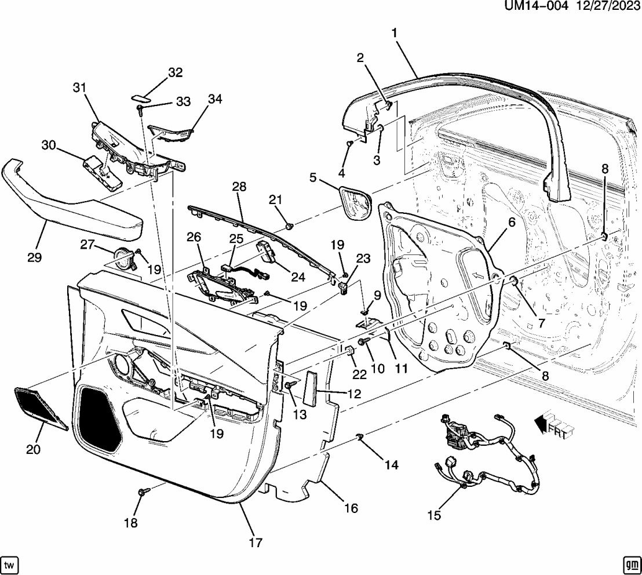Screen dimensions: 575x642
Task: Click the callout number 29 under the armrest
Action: pyautogui.click(x=35, y=257)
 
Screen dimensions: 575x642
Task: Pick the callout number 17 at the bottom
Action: pyautogui.click(x=256, y=543)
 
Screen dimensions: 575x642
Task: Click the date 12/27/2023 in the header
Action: pyautogui.click(x=605, y=7)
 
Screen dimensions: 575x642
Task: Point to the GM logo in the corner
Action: pyautogui.click(x=631, y=565)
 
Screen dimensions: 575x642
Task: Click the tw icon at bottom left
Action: pyautogui.click(x=10, y=565)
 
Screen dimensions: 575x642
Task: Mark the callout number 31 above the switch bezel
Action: pyautogui.click(x=79, y=87)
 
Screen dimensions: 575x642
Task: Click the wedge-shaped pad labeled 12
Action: pyautogui.click(x=311, y=387)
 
